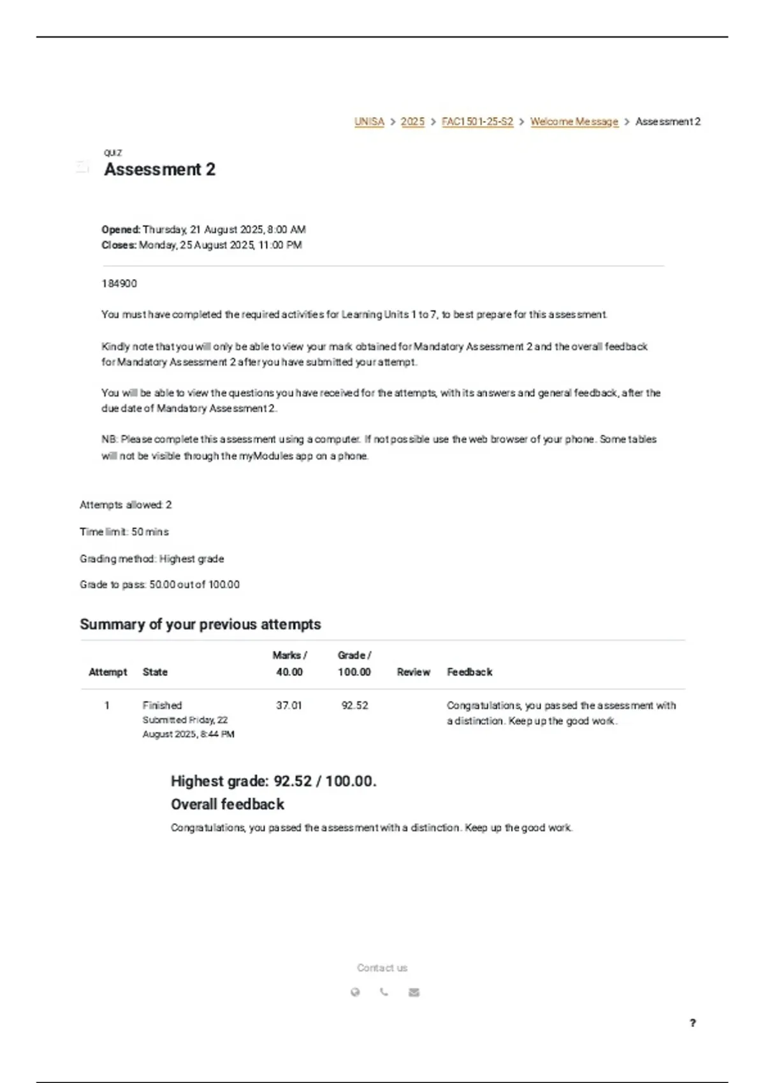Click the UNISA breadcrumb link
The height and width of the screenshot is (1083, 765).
(369, 122)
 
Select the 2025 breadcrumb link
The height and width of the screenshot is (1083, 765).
(412, 122)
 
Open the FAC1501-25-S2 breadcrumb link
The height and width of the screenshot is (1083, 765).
(477, 122)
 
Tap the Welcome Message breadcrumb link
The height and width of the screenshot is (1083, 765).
(574, 122)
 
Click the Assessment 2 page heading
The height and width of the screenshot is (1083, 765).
(160, 169)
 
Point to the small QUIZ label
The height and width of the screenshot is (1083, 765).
(113, 153)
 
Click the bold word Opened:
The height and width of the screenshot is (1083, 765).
(121, 229)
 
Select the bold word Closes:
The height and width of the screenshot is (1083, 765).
(119, 245)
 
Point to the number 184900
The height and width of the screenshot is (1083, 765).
(119, 283)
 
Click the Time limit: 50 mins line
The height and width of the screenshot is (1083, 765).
(124, 532)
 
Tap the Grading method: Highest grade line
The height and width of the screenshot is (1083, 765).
(152, 559)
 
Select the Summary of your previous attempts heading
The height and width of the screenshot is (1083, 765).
(200, 624)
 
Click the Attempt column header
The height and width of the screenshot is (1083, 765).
(108, 672)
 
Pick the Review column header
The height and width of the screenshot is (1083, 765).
(413, 672)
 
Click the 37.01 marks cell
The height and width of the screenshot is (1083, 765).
(289, 706)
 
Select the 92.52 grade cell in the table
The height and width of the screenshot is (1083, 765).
(354, 706)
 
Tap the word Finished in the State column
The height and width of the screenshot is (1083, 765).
(162, 706)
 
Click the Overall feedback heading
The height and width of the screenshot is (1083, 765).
(228, 805)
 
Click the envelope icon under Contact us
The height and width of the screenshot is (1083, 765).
(414, 992)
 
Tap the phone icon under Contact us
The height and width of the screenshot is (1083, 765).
(384, 992)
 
